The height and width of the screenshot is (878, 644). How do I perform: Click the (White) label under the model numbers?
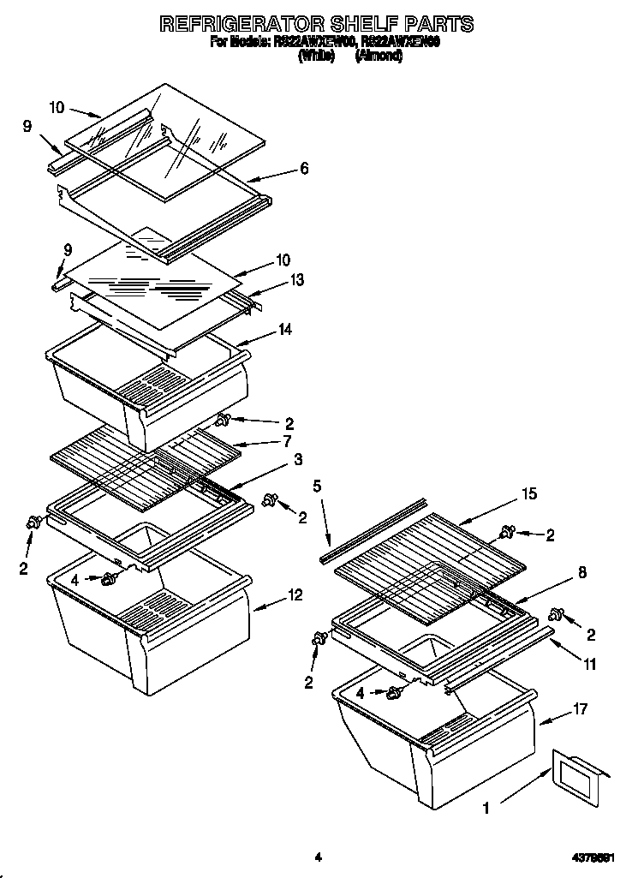(316, 56)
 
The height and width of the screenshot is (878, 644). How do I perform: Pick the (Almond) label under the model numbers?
(379, 56)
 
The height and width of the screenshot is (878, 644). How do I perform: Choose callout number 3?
(297, 460)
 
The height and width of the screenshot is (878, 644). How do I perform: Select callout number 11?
(590, 662)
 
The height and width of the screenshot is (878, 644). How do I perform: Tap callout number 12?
(295, 596)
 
